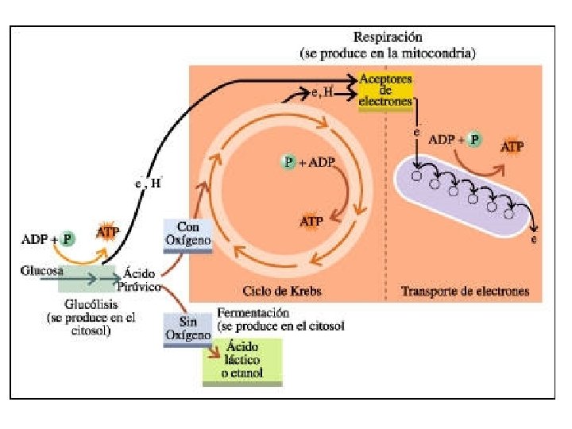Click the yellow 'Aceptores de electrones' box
click(385, 91)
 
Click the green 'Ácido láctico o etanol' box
click(242, 361)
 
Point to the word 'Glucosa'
click(41, 270)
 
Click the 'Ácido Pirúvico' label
click(140, 280)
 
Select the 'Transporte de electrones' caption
click(465, 291)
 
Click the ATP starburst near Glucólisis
click(109, 233)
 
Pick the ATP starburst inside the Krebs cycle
click(311, 221)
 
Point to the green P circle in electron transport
click(474, 139)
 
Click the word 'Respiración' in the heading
click(388, 37)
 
